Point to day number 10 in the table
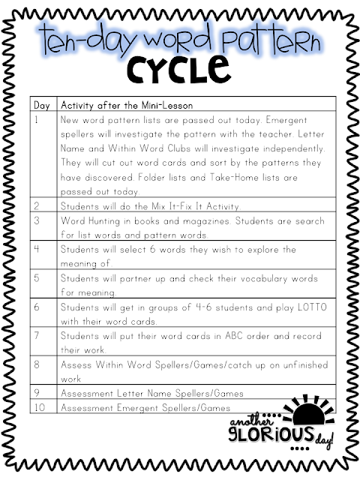(40, 408)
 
